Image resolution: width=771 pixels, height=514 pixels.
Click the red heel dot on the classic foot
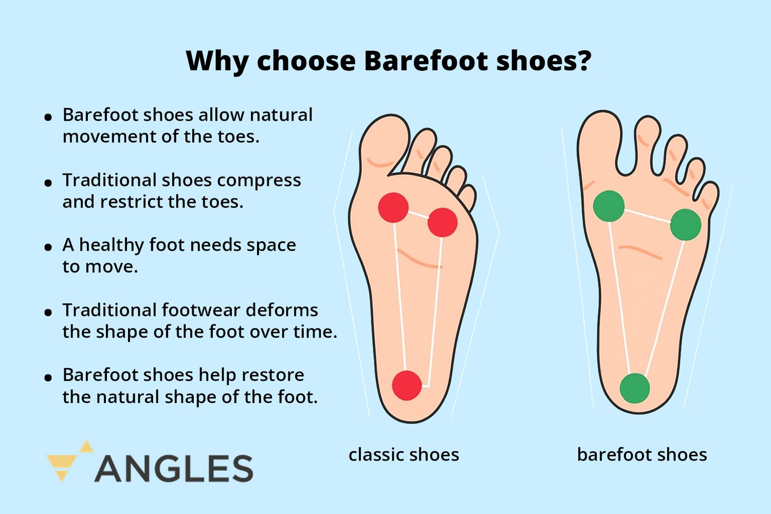pyautogui.click(x=407, y=385)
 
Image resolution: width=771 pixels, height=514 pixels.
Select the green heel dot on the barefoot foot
pyautogui.click(x=635, y=388)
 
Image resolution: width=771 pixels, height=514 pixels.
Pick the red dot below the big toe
pyautogui.click(x=393, y=208)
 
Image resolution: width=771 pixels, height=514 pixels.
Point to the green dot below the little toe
pyautogui.click(x=686, y=225)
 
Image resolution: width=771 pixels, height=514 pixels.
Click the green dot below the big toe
pyautogui.click(x=609, y=206)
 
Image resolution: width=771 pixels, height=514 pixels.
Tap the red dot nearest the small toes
pyautogui.click(x=442, y=222)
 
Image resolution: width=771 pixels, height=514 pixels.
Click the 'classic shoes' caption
pyautogui.click(x=403, y=455)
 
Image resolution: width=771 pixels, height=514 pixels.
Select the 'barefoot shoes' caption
pyautogui.click(x=642, y=455)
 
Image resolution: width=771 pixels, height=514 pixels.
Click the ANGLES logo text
pyautogui.click(x=174, y=468)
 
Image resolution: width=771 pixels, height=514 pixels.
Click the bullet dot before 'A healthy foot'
pyautogui.click(x=48, y=247)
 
